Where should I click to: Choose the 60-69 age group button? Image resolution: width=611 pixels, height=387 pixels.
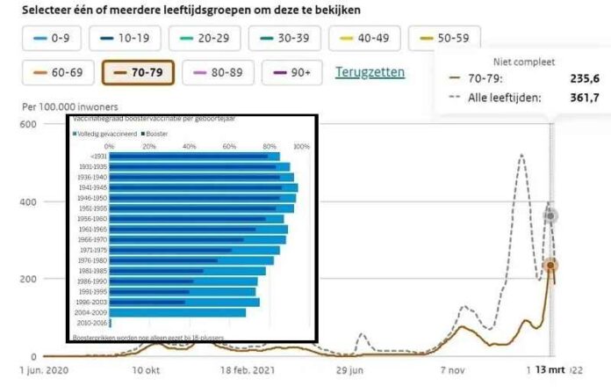(57, 72)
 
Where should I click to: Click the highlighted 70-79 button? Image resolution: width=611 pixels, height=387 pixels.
(138, 72)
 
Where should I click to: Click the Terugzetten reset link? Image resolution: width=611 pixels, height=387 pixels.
(370, 72)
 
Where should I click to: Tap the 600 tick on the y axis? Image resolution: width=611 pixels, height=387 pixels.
(27, 125)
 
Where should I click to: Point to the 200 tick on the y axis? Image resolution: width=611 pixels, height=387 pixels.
(27, 280)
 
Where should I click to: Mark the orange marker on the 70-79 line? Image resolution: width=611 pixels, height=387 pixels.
(551, 266)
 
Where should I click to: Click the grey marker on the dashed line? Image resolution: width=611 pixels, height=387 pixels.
(551, 215)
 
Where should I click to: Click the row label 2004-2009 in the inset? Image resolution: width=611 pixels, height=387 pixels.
(91, 311)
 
